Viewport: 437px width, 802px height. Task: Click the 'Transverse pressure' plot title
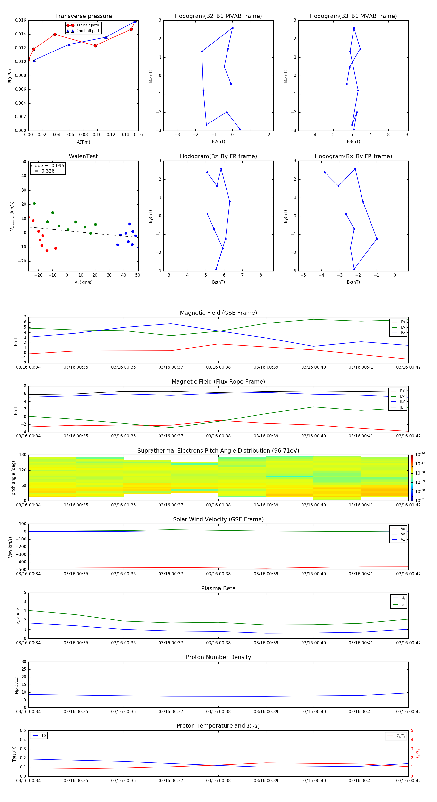coord(83,16)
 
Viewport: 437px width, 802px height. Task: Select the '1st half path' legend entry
coord(87,25)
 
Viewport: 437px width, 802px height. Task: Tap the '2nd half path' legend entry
coord(88,31)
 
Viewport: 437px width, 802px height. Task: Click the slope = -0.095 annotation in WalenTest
coord(48,166)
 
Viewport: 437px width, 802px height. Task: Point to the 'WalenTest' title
coord(83,156)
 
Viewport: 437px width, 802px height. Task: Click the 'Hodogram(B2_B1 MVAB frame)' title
coord(218,16)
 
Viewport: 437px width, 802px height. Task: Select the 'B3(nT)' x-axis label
coord(353,142)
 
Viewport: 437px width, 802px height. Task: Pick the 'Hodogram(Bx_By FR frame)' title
coord(353,156)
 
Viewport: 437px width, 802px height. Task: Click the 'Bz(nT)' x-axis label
coord(218,282)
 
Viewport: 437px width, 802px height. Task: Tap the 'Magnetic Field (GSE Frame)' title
coord(218,313)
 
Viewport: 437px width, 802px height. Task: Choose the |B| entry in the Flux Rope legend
coord(402,407)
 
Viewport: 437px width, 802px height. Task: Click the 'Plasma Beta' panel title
coord(218,588)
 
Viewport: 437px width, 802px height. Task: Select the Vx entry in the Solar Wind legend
coord(403,529)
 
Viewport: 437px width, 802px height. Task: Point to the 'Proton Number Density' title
coord(218,657)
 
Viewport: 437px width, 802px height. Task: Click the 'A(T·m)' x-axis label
coord(83,142)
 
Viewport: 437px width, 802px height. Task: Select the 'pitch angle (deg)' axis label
coord(13,478)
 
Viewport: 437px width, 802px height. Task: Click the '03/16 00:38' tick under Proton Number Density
coord(218,712)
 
